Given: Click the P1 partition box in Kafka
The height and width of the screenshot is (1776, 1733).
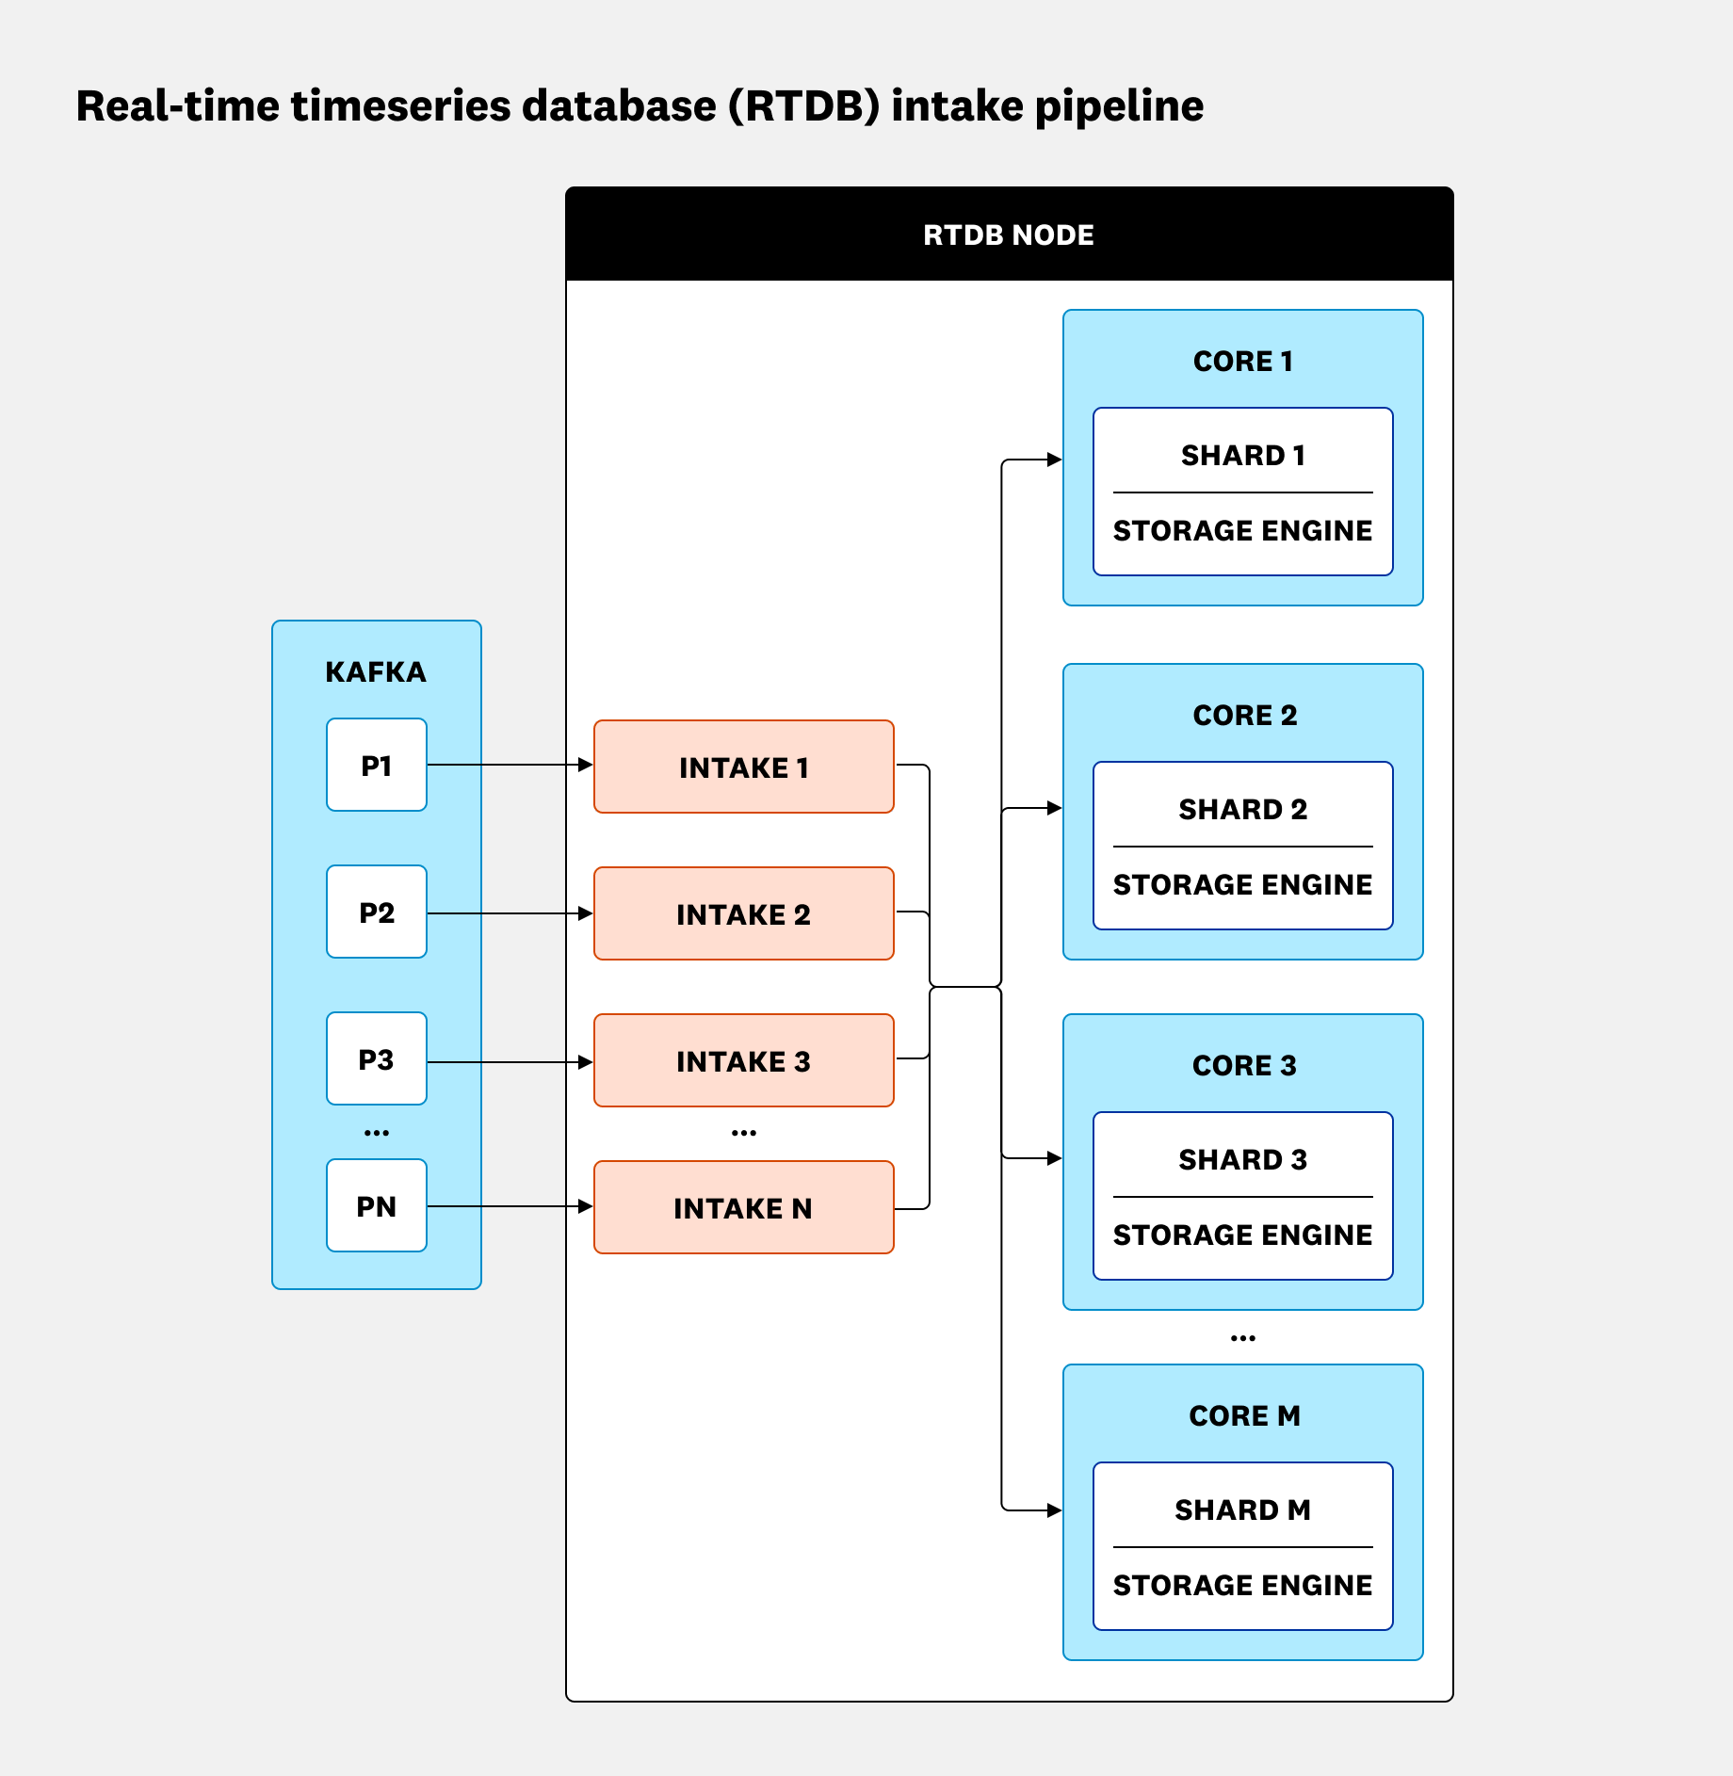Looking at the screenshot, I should point(376,765).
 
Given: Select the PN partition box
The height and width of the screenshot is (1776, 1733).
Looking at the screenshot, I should point(376,1205).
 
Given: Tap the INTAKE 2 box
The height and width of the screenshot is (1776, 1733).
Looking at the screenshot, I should point(743,913).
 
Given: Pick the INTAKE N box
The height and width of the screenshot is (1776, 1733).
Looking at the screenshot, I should point(743,1207).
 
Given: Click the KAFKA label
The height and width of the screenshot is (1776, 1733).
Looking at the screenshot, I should point(376,671).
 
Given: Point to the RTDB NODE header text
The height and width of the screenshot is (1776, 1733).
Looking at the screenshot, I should point(1008,234).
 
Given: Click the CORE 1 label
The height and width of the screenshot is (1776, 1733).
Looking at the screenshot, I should point(1242,361).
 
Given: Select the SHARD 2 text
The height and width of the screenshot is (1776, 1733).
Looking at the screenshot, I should point(1242,809).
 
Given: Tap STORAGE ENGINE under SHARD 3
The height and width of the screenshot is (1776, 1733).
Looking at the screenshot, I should point(1242,1235).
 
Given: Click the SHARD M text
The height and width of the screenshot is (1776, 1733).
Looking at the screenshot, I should point(1242,1510).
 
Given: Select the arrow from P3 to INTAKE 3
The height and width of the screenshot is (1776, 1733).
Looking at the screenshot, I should point(509,1062).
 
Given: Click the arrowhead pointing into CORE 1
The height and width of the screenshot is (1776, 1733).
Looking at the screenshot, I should point(1055,460).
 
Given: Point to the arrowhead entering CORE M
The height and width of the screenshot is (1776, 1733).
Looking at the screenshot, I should point(1055,1510).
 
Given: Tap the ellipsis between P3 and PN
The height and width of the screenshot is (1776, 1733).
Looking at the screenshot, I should point(376,1133).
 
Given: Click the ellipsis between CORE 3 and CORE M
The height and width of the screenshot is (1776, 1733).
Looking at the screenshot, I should point(1242,1338).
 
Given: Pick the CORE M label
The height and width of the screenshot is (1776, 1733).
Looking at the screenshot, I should point(1243,1415).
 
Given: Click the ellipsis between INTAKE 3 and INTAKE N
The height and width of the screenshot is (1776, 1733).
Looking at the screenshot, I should point(743,1133).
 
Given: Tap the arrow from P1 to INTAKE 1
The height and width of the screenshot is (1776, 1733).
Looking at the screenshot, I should point(509,765).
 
